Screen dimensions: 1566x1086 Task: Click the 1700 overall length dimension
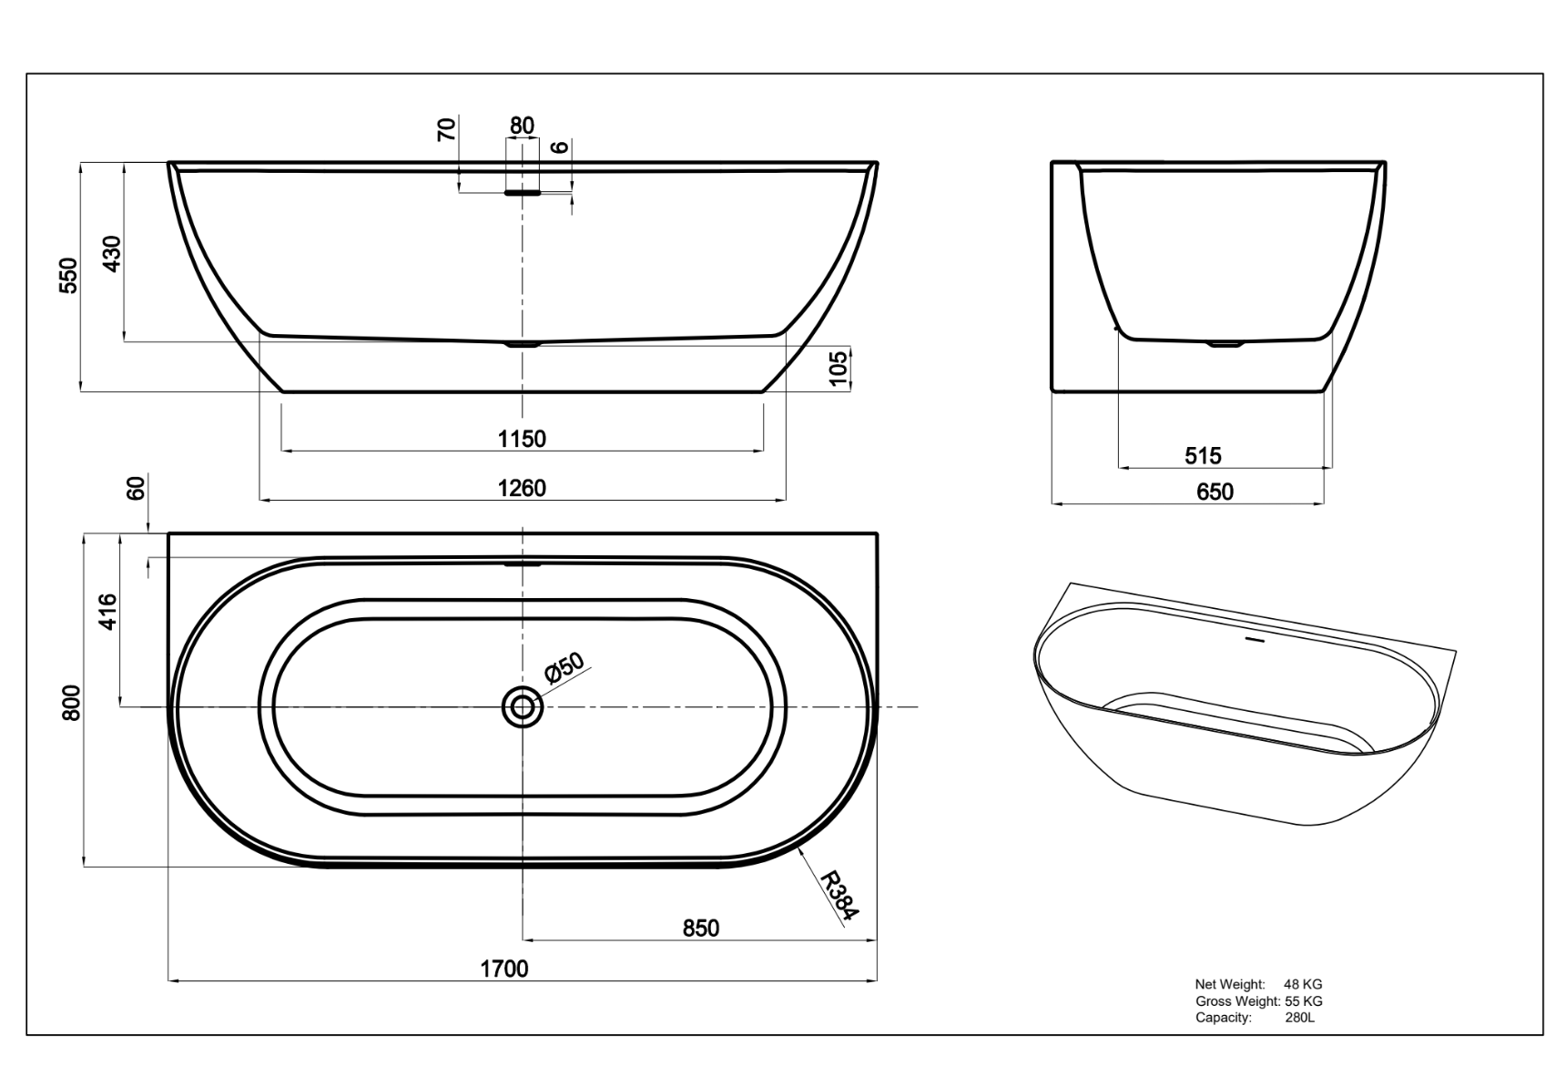pyautogui.click(x=504, y=969)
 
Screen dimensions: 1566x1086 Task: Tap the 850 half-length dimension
pyautogui.click(x=701, y=928)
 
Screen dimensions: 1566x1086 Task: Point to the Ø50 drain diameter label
pyautogui.click(x=564, y=668)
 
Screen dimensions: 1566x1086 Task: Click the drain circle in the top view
pyautogui.click(x=523, y=706)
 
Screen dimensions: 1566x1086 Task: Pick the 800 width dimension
pyautogui.click(x=72, y=703)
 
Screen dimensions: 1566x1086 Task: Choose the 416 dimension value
pyautogui.click(x=107, y=612)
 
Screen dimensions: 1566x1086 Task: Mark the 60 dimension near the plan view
pyautogui.click(x=136, y=489)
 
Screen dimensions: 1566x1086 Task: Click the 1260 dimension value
pyautogui.click(x=522, y=489)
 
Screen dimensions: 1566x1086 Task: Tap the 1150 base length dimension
pyautogui.click(x=522, y=439)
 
